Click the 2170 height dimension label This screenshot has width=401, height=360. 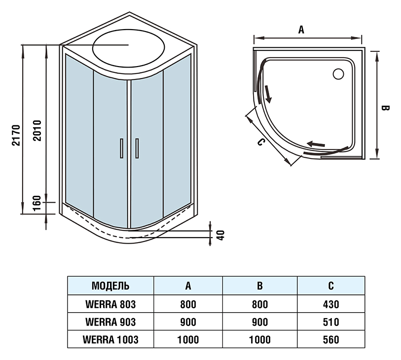[x=16, y=135]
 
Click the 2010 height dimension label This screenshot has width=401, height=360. [x=37, y=130]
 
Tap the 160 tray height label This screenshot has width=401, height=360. [x=37, y=203]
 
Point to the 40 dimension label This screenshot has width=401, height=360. [x=220, y=235]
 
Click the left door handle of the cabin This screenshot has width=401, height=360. [x=122, y=148]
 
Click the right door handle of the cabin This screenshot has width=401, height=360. [x=137, y=148]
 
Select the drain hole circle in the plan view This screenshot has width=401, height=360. [x=338, y=74]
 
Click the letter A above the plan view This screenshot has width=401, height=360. [x=301, y=30]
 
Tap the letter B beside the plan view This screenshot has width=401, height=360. [x=385, y=108]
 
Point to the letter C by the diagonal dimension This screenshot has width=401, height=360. [x=260, y=142]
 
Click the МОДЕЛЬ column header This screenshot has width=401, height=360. [x=110, y=286]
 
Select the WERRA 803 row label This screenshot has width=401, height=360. [x=110, y=304]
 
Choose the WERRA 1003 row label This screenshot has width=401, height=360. [x=110, y=340]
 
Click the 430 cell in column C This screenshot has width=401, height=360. [x=331, y=304]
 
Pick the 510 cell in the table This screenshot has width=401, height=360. [x=331, y=322]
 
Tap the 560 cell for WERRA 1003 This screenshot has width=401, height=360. [x=331, y=340]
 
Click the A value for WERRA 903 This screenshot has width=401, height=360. [x=188, y=322]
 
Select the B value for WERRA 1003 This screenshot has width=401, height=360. [x=259, y=340]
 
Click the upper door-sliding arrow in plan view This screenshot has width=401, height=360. [x=268, y=94]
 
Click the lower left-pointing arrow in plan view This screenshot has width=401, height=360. [x=316, y=144]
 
